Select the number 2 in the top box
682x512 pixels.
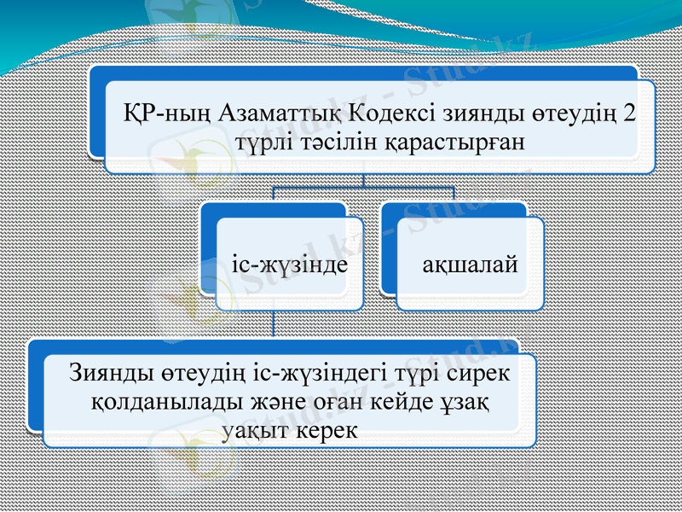628,112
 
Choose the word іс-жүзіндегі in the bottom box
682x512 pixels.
326,374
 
